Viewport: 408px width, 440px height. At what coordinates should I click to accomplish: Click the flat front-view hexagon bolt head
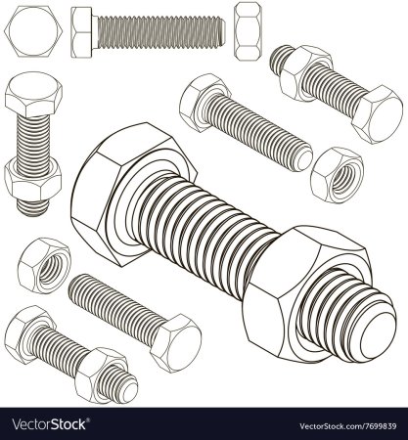point(33,31)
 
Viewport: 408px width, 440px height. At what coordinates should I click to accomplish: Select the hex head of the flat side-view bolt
point(81,32)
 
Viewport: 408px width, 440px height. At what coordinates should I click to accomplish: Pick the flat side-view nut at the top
point(249,31)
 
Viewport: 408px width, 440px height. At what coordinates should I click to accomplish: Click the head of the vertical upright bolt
point(33,94)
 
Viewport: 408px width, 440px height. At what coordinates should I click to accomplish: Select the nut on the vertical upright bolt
point(32,181)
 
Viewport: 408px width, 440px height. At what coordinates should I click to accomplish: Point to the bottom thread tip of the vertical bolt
point(32,209)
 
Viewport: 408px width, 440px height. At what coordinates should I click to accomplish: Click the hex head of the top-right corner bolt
point(378,114)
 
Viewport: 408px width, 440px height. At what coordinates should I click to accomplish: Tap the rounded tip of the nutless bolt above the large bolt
point(303,159)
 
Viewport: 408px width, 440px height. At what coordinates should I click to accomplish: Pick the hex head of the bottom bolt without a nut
point(176,343)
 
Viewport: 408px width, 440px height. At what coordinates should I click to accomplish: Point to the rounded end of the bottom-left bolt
point(129,388)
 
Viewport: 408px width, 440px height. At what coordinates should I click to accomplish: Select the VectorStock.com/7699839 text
point(348,426)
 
